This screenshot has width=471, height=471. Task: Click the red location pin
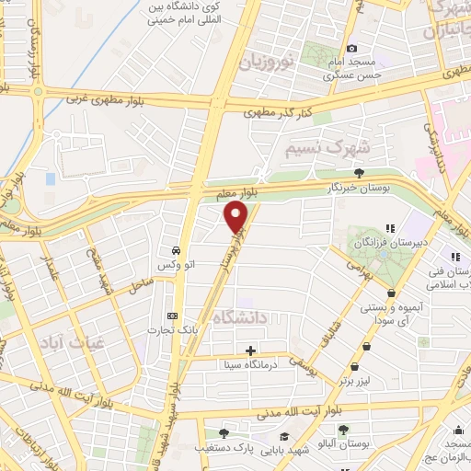tap(236, 217)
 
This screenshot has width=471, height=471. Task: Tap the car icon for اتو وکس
tap(175, 250)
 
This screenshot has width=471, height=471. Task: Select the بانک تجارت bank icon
tap(172, 314)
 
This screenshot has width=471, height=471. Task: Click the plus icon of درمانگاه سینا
tap(249, 350)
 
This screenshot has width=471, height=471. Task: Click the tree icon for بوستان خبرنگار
tap(359, 172)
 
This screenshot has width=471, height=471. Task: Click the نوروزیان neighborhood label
tap(266, 63)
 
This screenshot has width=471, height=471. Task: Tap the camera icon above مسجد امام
tap(350, 49)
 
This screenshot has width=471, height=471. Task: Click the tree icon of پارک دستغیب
tap(223, 432)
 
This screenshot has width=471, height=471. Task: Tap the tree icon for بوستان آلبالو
tap(343, 431)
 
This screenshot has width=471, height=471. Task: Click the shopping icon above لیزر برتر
tap(368, 346)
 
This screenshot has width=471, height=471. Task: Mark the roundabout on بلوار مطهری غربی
tap(38, 91)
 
